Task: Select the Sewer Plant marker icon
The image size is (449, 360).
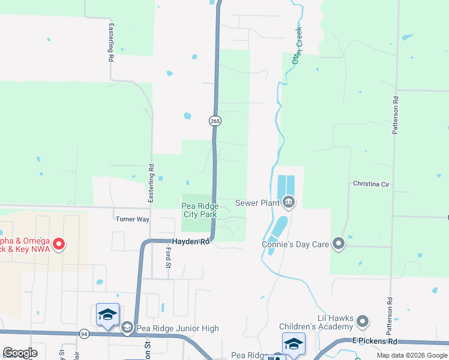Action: coord(289,202)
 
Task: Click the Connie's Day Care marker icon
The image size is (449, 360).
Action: coord(338,244)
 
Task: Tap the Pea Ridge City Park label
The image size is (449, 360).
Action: coord(200,210)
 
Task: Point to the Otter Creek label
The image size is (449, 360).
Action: coord(297,46)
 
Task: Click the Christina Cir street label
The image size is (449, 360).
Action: coord(371,184)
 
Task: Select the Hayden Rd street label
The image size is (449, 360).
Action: coord(191,242)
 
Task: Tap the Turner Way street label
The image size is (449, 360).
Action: coord(132,220)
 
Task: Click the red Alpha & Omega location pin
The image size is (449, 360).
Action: coord(59,244)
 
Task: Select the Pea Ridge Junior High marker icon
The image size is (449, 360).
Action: coord(127,328)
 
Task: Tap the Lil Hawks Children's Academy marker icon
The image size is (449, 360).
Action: coord(363,322)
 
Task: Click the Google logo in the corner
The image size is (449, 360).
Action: coord(20,353)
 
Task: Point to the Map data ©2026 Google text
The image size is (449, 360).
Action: coord(411,355)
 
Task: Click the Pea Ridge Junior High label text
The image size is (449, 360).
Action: coord(176,328)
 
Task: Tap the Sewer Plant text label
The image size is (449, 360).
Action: coord(258,203)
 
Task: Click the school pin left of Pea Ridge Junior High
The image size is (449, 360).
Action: coord(107,314)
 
